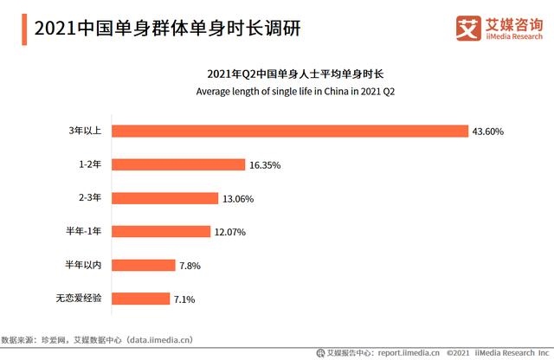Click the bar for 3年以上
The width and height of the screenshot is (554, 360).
[x=290, y=132]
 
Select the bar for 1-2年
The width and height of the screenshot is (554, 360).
[x=178, y=164]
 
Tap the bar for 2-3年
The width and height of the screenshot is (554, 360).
[x=164, y=198]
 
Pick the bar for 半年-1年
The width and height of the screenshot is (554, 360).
[x=161, y=232]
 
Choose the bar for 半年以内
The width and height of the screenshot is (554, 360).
[x=143, y=266]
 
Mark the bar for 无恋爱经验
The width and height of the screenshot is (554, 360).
[x=140, y=299]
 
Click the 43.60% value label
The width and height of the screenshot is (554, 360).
[x=487, y=132]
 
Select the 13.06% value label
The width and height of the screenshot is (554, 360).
[x=238, y=198]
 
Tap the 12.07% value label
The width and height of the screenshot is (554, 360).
[x=230, y=232]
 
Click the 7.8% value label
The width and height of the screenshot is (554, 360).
[x=190, y=266]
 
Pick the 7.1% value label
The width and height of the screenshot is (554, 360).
[x=185, y=299]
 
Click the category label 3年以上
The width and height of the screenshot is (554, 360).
[x=86, y=132]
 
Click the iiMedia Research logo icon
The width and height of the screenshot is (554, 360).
[x=467, y=28]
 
